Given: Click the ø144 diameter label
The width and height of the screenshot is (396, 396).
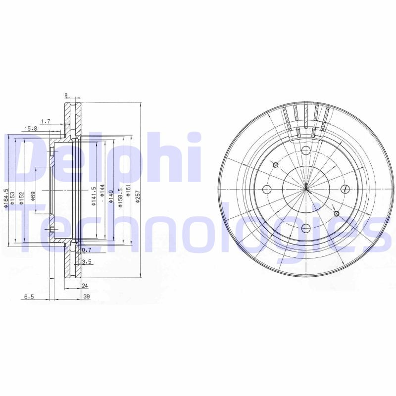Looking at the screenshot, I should click(x=102, y=191).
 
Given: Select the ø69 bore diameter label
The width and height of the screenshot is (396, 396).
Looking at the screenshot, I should click(x=34, y=196).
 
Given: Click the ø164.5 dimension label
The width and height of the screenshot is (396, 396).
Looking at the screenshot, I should click(x=6, y=198).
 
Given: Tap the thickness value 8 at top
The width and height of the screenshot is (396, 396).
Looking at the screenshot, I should click(x=66, y=95).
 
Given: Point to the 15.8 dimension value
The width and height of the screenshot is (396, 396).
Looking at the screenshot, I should click(x=31, y=128).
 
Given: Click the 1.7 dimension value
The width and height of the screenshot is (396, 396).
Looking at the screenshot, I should click(x=45, y=120).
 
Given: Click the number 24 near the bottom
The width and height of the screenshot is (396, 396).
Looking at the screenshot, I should click(x=85, y=286).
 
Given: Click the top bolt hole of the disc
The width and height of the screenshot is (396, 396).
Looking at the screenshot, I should click(x=305, y=149).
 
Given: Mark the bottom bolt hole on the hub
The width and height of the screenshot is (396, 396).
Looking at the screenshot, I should click(x=305, y=228).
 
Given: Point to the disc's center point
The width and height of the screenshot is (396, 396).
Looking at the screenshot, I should click(x=306, y=189).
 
